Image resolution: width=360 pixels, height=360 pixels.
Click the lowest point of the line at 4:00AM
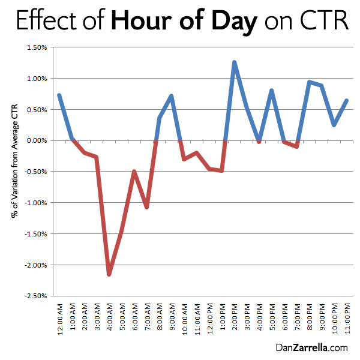tap(109, 274)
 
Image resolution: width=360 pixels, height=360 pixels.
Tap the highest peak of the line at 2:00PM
tap(234, 62)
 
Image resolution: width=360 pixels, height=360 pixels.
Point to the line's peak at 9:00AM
tap(172, 96)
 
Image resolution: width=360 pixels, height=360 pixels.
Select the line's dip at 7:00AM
tap(146, 207)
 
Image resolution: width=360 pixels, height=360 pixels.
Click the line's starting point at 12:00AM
tap(59, 95)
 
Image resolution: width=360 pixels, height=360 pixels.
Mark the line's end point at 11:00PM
tap(347, 100)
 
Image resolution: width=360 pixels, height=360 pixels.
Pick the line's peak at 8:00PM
tap(309, 82)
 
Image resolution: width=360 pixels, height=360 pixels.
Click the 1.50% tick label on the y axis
tap(37, 47)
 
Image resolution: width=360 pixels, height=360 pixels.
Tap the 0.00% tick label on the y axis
tap(37, 140)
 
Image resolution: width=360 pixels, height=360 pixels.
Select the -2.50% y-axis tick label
tap(35, 296)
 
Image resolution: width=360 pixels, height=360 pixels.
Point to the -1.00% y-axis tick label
tap(35, 203)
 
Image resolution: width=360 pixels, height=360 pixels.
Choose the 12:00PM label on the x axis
tap(210, 321)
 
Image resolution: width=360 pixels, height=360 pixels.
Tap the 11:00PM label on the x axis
tap(347, 321)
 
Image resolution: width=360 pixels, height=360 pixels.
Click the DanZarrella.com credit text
tap(311, 347)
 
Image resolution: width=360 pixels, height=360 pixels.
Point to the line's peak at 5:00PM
tap(272, 91)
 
